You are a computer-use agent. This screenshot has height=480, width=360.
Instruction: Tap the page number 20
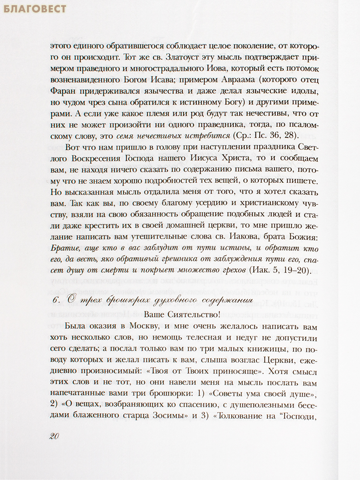click(54, 436)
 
